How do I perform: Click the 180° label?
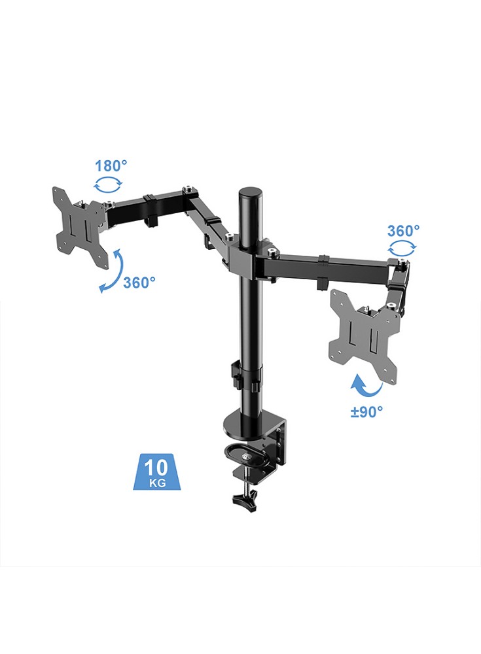(111, 165)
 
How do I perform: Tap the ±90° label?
(366, 411)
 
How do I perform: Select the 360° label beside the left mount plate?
(139, 283)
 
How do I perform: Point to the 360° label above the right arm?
(403, 231)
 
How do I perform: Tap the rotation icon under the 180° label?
(108, 184)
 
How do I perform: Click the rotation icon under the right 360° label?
(402, 249)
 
